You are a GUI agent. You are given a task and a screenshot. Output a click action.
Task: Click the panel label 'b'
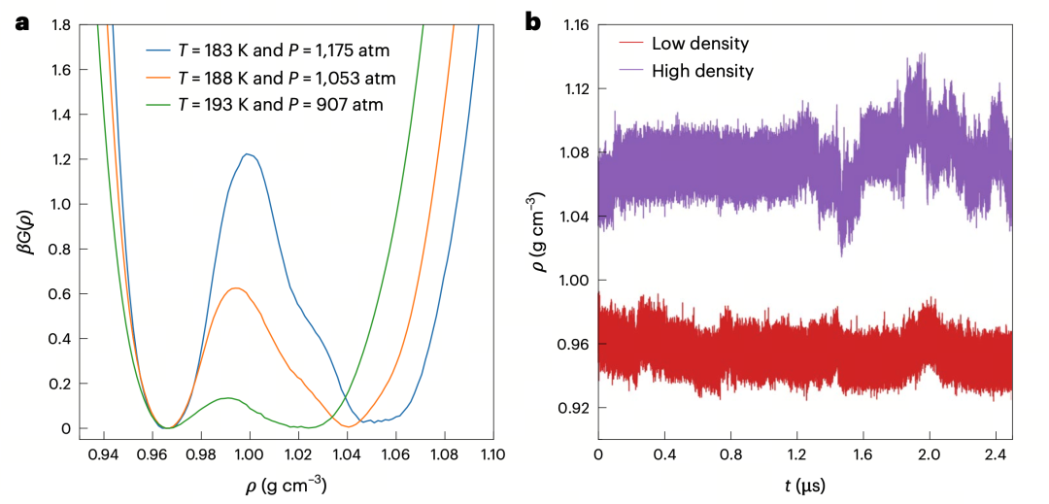point(534,21)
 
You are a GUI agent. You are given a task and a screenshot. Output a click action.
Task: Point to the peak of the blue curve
point(248,154)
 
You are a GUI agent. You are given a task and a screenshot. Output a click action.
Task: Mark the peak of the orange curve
point(235,287)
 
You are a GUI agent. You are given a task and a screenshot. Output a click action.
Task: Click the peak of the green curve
point(226,398)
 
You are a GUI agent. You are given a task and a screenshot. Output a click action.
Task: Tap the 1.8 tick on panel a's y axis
point(59,24)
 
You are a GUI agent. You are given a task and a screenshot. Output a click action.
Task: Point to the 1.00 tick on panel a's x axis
point(250,454)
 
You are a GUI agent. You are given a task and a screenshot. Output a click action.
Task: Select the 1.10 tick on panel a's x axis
point(492,454)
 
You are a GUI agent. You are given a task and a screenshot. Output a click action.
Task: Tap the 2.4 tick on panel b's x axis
point(997,454)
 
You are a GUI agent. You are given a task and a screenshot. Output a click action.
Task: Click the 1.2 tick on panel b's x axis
point(797,454)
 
